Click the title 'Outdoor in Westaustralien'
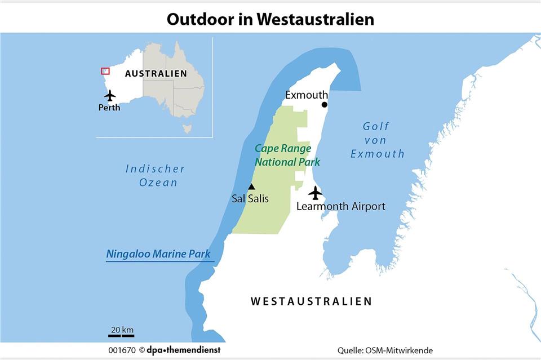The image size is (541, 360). [270, 19]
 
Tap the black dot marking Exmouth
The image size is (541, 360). [325, 105]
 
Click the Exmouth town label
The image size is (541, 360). [306, 95]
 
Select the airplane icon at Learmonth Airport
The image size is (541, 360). [316, 193]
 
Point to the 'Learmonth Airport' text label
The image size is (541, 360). [341, 206]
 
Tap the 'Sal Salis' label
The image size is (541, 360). [250, 198]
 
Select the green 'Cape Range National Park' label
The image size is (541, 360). [287, 155]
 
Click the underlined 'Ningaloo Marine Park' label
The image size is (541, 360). [158, 254]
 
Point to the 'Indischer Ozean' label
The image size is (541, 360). [155, 175]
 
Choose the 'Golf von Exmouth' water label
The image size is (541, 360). [377, 140]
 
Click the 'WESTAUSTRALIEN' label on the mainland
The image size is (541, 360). [311, 301]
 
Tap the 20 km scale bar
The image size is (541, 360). [121, 335]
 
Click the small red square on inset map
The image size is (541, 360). [105, 71]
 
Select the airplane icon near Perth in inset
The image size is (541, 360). [110, 95]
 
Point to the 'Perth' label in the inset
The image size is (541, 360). [109, 108]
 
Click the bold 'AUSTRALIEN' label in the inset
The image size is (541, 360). [156, 74]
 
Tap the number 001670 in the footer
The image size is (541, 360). [122, 350]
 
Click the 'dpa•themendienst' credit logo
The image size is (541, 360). [184, 350]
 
